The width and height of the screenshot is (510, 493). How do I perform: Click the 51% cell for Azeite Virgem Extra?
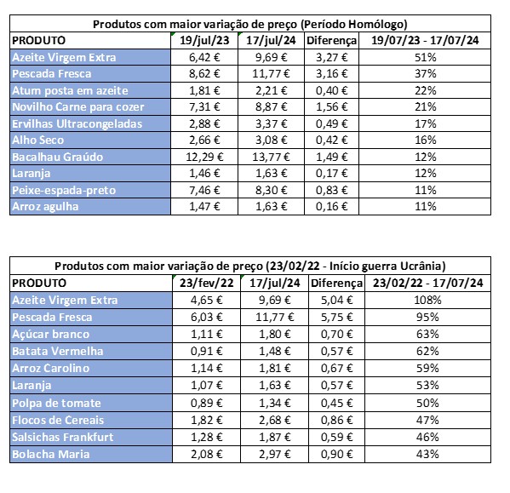click(425, 58)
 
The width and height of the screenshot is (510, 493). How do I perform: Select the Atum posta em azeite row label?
click(70, 91)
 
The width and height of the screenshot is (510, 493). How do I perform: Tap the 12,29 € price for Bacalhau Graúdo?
click(204, 157)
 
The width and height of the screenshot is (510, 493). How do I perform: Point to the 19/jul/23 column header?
click(204, 40)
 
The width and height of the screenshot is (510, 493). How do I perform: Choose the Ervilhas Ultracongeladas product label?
click(77, 124)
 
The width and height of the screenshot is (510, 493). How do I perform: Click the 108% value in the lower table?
click(427, 300)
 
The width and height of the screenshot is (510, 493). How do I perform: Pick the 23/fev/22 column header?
click(207, 283)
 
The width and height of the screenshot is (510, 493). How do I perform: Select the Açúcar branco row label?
click(50, 335)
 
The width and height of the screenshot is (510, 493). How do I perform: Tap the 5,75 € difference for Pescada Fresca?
click(336, 317)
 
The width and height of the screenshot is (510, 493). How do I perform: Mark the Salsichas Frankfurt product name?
click(63, 437)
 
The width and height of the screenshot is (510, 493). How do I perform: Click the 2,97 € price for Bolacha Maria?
click(274, 454)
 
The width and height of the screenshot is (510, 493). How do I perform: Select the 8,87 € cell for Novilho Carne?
click(272, 107)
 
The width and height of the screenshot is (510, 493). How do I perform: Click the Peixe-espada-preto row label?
click(64, 190)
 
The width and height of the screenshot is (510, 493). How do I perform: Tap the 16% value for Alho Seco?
click(425, 140)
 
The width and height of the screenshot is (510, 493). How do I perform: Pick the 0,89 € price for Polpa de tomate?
click(207, 403)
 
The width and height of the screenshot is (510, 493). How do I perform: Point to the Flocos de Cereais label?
click(58, 420)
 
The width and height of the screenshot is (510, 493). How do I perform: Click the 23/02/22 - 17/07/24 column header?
click(427, 283)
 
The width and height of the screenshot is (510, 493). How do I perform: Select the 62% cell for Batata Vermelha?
click(427, 351)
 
